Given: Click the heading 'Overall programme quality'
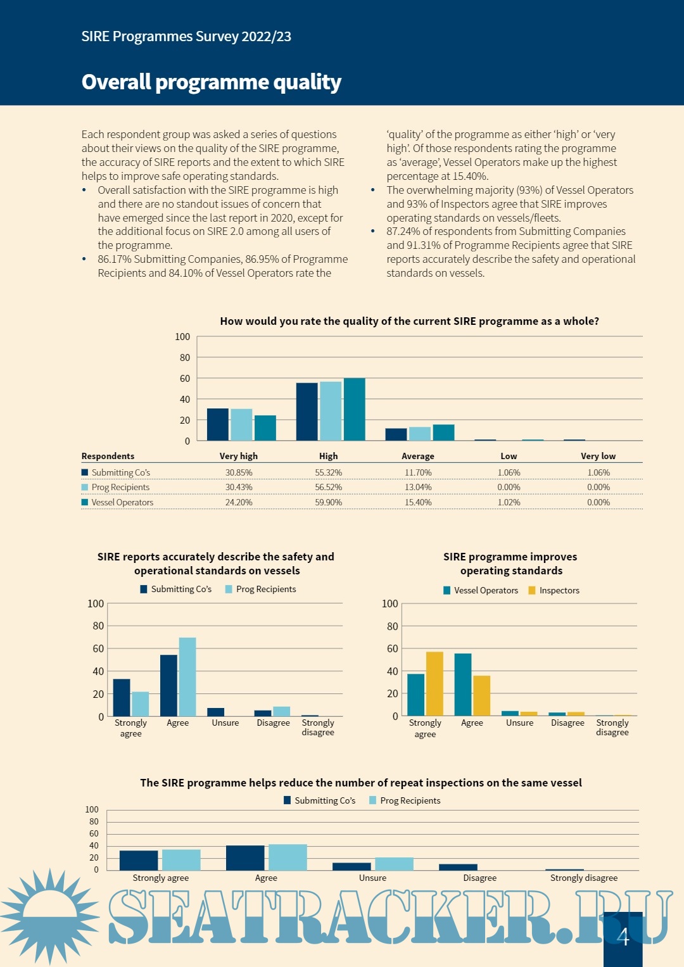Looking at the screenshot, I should pyautogui.click(x=211, y=82).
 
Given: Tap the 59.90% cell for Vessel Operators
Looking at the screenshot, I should pyautogui.click(x=328, y=502).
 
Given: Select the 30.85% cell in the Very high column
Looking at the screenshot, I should pyautogui.click(x=239, y=472).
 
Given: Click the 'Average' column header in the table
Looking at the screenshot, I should pyautogui.click(x=417, y=456).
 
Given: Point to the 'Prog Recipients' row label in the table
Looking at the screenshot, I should pyautogui.click(x=120, y=487).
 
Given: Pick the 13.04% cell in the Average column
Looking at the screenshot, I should pyautogui.click(x=418, y=487).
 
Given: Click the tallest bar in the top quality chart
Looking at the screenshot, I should pyautogui.click(x=355, y=409).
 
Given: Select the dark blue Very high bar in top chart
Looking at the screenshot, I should pyautogui.click(x=218, y=424).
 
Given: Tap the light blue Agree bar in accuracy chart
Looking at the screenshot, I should pyautogui.click(x=187, y=676).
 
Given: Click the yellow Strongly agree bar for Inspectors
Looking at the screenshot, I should pyautogui.click(x=434, y=683).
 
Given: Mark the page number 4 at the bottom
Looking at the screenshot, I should pyautogui.click(x=623, y=937).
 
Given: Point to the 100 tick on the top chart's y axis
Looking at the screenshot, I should pyautogui.click(x=182, y=337).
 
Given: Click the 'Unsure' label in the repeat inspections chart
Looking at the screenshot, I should pyautogui.click(x=372, y=878).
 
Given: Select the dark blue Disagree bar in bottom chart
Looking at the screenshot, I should pyautogui.click(x=458, y=867).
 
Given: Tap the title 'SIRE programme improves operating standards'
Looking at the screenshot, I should pyautogui.click(x=510, y=564).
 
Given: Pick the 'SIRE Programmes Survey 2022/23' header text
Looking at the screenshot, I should pyautogui.click(x=186, y=37).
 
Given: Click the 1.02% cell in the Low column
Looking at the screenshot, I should pyautogui.click(x=509, y=502).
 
